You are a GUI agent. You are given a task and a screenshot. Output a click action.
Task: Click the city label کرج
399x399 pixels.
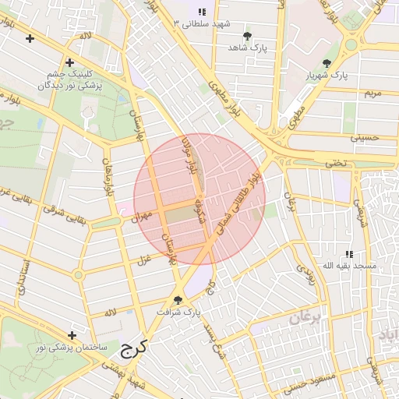click(133, 348)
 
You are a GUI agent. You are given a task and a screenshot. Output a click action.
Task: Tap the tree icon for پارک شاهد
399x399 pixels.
click(248, 36)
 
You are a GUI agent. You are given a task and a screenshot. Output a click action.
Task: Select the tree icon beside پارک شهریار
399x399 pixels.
click(327, 63)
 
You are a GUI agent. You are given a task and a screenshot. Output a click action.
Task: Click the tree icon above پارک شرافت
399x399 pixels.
click(178, 300)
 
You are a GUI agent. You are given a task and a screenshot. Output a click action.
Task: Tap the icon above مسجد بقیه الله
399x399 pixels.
click(350, 254)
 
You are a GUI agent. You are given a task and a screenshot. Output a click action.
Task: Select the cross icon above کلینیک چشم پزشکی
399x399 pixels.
click(69, 62)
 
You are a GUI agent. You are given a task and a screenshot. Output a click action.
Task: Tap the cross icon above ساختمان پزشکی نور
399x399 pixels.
click(72, 335)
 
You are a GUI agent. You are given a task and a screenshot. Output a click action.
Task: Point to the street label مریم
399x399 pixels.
click(373, 94)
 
